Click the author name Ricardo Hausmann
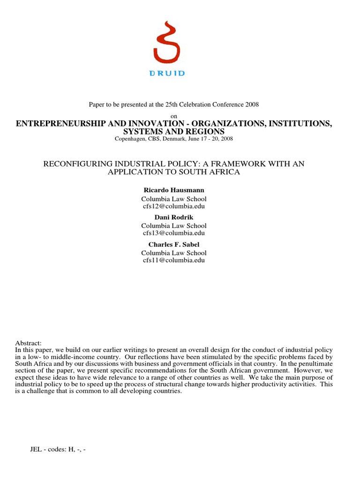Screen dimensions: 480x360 174,189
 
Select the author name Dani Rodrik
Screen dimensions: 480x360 174,217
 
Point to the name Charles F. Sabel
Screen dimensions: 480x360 174,244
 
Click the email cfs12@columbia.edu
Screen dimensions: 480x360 174,206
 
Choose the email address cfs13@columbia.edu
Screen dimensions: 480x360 174,233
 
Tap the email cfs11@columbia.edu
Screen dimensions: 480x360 174,260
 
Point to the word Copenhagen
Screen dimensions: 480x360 132,139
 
